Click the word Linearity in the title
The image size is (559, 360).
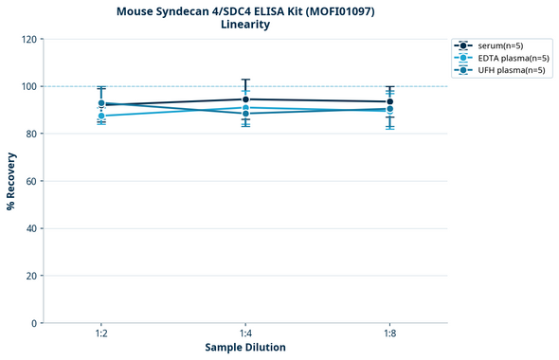244,25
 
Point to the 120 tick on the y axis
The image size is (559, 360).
30,40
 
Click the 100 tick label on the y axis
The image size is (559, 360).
30,87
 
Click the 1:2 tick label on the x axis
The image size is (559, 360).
100,334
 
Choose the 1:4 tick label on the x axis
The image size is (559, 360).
245,334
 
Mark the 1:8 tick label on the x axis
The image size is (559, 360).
389,334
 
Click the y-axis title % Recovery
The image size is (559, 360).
11,181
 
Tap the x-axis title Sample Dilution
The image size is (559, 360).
245,348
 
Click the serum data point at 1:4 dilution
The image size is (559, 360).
245,99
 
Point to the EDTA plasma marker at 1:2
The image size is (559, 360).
101,116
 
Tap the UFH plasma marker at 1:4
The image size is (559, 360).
245,114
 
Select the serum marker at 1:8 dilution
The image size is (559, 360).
389,101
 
